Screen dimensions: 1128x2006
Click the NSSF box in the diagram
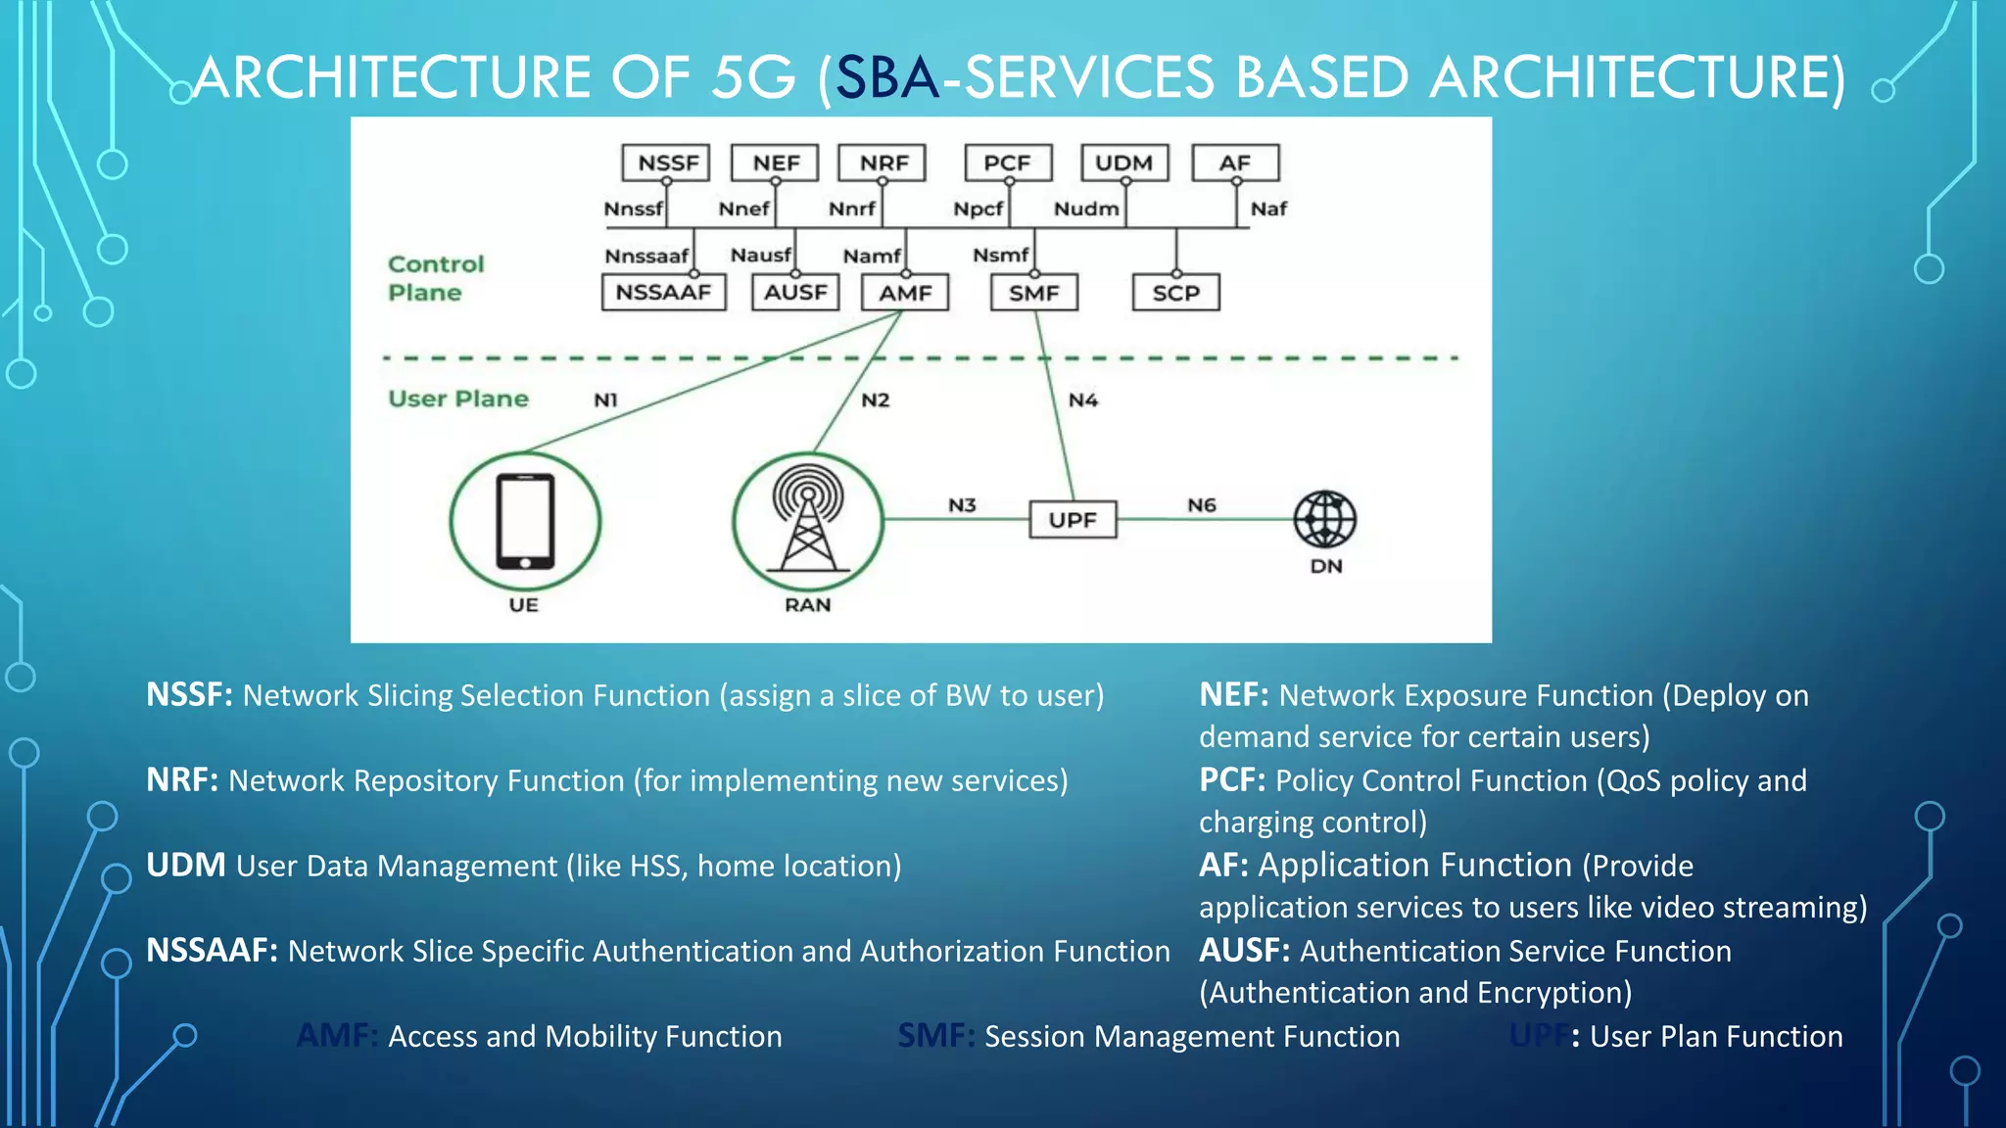[x=666, y=163]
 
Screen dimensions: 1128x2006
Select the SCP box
[x=1175, y=293]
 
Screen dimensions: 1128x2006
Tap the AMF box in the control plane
[x=905, y=293]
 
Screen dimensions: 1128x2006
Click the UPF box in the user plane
[x=1073, y=520]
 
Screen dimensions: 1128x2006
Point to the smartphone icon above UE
[x=525, y=521]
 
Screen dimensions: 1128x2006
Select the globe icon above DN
[x=1324, y=519]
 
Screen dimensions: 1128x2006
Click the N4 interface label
[x=1083, y=399]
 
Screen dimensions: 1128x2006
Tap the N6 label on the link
[x=1202, y=505]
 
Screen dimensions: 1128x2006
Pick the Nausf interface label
[x=760, y=255]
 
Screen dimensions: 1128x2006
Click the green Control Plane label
[x=435, y=278]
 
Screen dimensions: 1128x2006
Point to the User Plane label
[x=458, y=399]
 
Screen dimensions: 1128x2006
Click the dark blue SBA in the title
[x=887, y=77]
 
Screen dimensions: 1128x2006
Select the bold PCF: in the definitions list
[x=1232, y=780]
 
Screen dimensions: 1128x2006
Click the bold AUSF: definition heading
[x=1244, y=951]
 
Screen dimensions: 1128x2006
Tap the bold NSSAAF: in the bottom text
[x=212, y=951]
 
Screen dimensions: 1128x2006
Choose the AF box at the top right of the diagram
[x=1235, y=163]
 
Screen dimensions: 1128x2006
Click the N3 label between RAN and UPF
[x=962, y=505]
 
